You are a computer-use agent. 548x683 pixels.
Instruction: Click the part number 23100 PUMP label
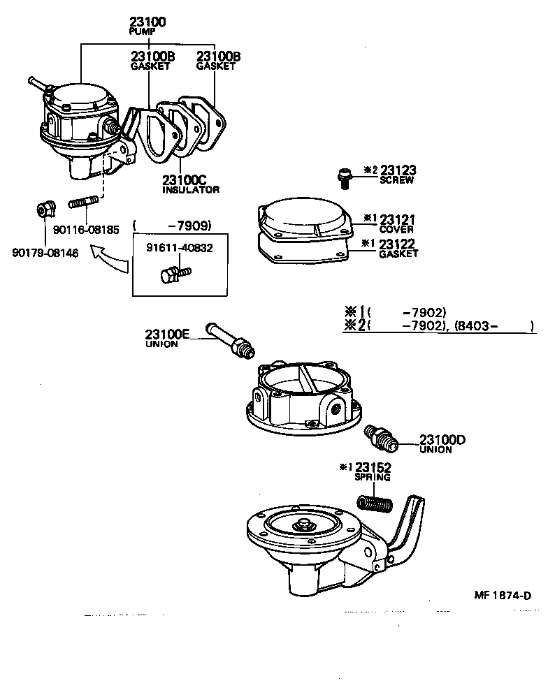click(147, 26)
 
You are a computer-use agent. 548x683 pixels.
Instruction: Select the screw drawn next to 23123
click(343, 178)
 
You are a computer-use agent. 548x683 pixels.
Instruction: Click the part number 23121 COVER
click(396, 223)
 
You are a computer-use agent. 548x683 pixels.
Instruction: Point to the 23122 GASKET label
click(398, 248)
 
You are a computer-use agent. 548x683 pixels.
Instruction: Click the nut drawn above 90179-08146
click(45, 209)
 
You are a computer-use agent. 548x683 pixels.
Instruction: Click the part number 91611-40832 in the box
click(180, 247)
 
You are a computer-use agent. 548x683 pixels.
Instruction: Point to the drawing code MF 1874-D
click(502, 595)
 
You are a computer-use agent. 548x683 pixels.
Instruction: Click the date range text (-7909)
click(171, 225)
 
